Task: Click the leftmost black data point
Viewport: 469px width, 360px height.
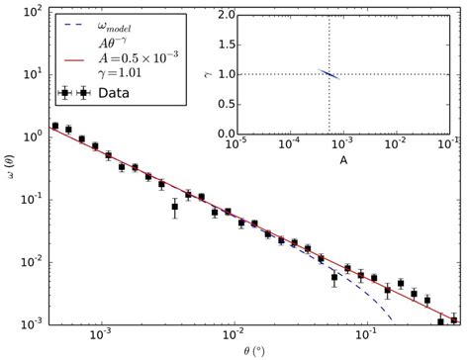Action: point(54,127)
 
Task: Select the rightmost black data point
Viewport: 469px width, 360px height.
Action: point(453,319)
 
